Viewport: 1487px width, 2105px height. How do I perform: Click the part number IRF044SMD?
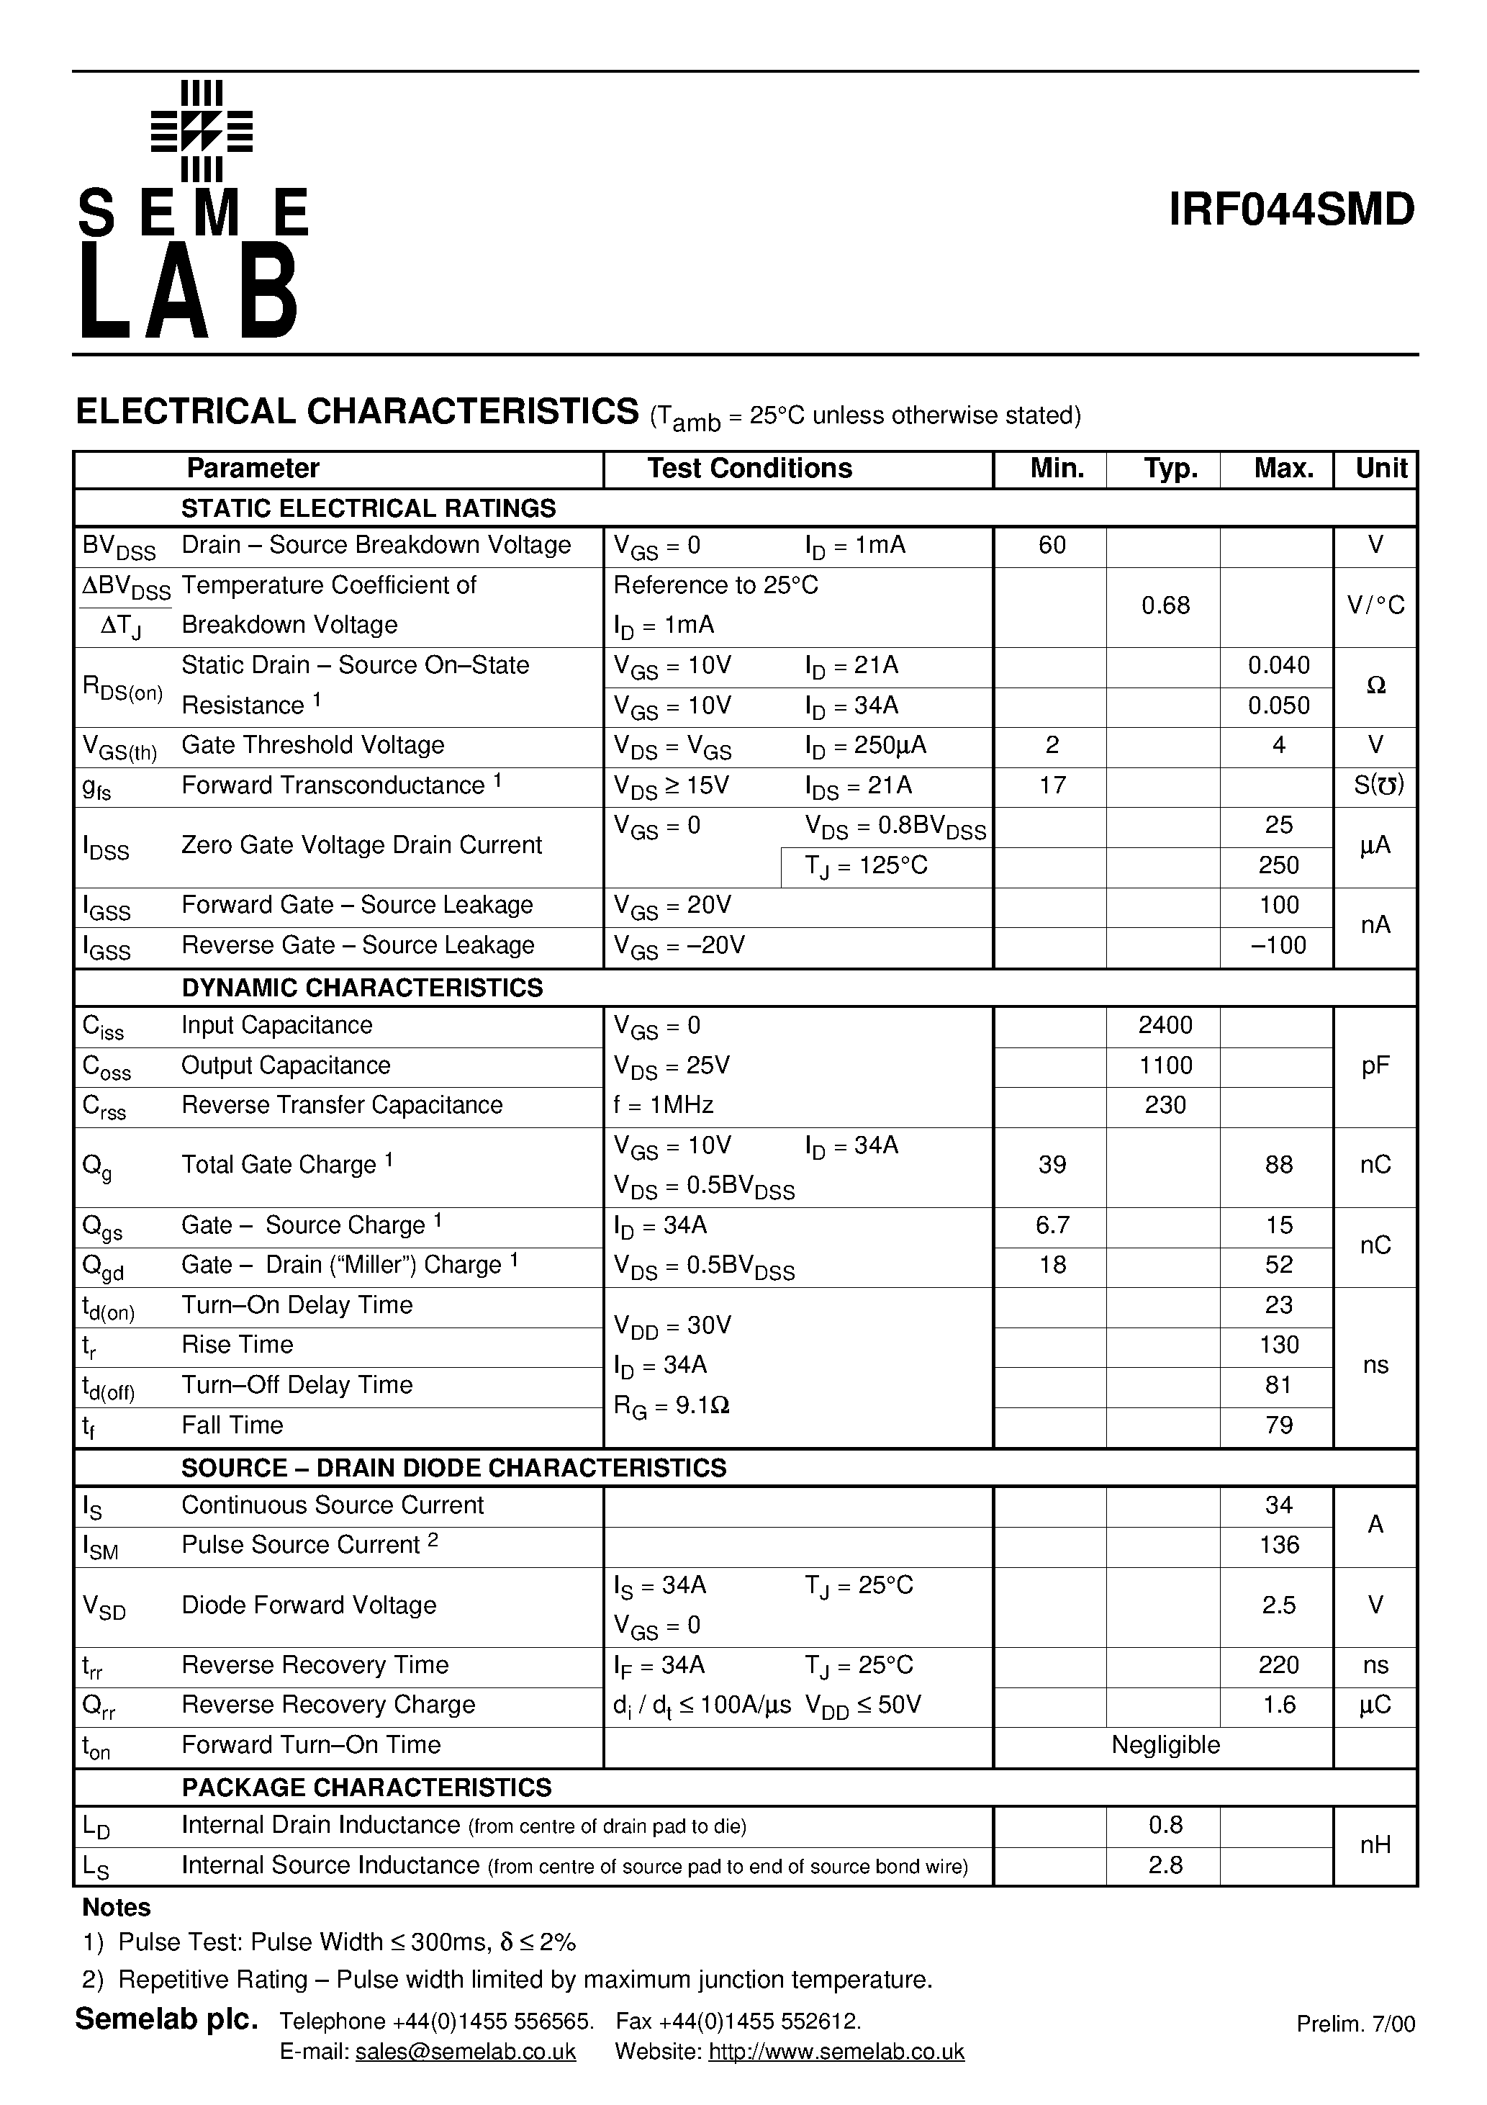pyautogui.click(x=1291, y=210)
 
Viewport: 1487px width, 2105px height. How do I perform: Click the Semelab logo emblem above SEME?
pyautogui.click(x=202, y=131)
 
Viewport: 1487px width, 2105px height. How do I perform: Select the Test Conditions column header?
pyautogui.click(x=749, y=469)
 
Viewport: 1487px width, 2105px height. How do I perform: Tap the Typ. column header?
pyautogui.click(x=1170, y=469)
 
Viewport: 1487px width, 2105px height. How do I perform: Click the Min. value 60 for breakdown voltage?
pyautogui.click(x=1052, y=546)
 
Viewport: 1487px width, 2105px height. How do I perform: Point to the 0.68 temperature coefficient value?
pyautogui.click(x=1165, y=605)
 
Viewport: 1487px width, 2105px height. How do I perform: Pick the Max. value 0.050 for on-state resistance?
pyautogui.click(x=1278, y=705)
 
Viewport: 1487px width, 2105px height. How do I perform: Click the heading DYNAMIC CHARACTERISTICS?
pyautogui.click(x=362, y=988)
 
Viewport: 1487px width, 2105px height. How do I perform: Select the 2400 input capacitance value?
pyautogui.click(x=1165, y=1025)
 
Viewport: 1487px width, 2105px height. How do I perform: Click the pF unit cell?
pyautogui.click(x=1375, y=1065)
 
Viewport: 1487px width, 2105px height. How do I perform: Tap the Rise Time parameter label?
pyautogui.click(x=238, y=1345)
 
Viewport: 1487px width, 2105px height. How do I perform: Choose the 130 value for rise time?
pyautogui.click(x=1278, y=1345)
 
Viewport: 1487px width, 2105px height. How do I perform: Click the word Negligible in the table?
pyautogui.click(x=1165, y=1745)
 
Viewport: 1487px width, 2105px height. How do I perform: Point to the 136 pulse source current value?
pyautogui.click(x=1278, y=1545)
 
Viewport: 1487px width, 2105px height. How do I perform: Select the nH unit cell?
pyautogui.click(x=1375, y=1844)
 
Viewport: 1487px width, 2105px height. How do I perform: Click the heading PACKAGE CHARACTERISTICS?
pyautogui.click(x=366, y=1787)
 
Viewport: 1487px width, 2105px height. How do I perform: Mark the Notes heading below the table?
pyautogui.click(x=117, y=1908)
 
